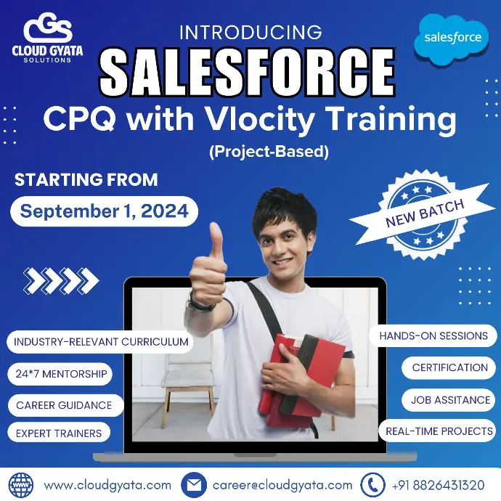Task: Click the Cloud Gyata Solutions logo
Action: point(47,38)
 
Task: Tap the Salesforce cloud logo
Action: point(452,38)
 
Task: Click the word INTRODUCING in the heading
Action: point(250,32)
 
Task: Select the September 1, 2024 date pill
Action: point(104,211)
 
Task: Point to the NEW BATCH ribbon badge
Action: point(423,214)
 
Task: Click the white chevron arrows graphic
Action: point(61,280)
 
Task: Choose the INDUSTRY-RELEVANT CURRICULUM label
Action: point(100,342)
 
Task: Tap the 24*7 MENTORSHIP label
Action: point(60,374)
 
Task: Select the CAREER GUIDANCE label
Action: point(65,405)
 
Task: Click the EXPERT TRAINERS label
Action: point(59,433)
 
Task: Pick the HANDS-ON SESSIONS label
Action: point(433,335)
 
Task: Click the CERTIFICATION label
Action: point(449,367)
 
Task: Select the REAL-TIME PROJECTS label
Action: point(438,431)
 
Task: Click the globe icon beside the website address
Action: point(21,485)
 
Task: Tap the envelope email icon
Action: point(194,485)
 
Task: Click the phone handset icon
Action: point(372,485)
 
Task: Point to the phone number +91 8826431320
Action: point(438,485)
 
